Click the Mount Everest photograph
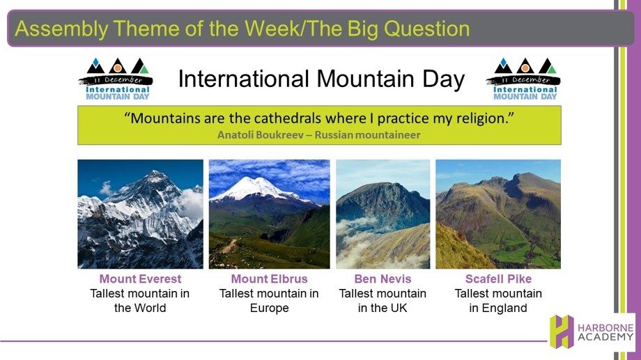(140, 214)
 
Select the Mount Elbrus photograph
(270, 214)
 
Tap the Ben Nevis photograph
(383, 214)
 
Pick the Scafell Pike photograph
(498, 214)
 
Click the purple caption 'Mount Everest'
(140, 279)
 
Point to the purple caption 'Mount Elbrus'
(270, 279)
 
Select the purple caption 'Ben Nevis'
(383, 279)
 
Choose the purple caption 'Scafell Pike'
(498, 279)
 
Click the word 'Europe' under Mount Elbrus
(270, 308)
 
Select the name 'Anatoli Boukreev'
(261, 135)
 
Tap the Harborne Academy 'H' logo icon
(562, 331)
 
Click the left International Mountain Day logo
(116, 79)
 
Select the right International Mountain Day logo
(523, 79)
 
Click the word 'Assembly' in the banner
(61, 29)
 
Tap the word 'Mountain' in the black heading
(366, 79)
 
